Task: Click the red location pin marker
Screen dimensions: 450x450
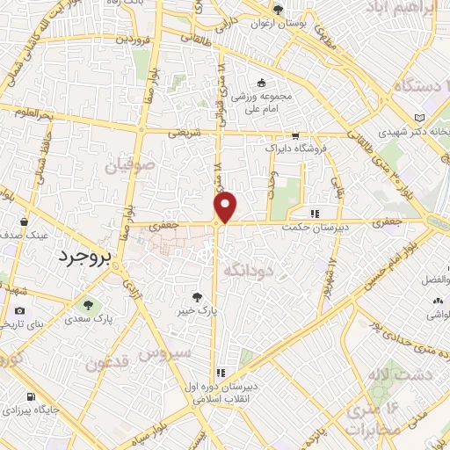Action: pos(226,207)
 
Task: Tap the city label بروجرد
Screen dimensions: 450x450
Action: pos(81,258)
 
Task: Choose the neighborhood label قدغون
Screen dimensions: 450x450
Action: pos(109,363)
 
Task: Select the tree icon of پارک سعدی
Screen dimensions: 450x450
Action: pos(87,306)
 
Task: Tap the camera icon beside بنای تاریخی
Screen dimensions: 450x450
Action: pos(19,310)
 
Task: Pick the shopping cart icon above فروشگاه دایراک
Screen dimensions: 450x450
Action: pos(295,136)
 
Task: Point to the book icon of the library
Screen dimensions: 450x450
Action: pos(419,118)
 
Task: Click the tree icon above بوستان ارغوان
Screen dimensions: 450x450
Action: pos(278,11)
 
